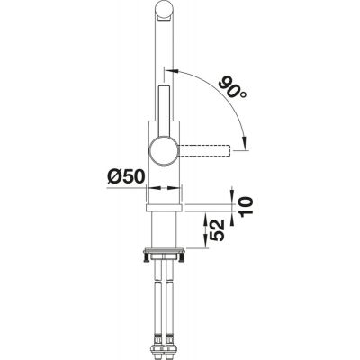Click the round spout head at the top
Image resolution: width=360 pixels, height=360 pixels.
click(165, 13)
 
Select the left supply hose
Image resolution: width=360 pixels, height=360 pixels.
click(157, 297)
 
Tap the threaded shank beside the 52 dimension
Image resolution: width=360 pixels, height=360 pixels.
click(165, 232)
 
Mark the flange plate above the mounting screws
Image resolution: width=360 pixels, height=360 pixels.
click(165, 252)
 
